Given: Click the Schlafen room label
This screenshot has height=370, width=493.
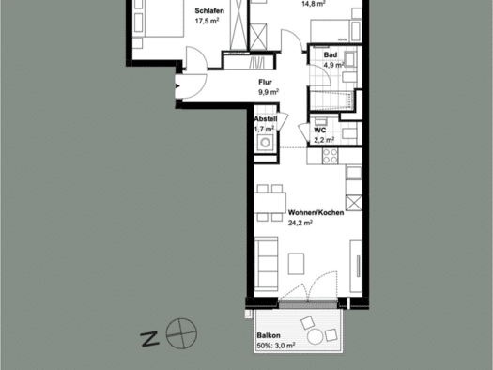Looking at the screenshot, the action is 209,11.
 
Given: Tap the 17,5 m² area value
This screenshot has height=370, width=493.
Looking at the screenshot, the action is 207,21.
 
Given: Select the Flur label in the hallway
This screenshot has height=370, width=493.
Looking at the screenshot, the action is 265,82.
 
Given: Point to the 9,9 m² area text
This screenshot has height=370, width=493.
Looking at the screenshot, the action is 269,92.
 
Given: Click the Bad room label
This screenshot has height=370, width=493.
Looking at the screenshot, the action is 331,54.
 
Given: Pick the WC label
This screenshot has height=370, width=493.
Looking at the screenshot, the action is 320,131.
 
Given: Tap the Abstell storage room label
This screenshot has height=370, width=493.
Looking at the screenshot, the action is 266,119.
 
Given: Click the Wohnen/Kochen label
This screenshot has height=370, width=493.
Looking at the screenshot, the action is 316,213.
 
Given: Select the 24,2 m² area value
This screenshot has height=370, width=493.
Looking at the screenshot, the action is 300,223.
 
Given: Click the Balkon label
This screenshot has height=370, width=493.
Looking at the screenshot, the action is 269,335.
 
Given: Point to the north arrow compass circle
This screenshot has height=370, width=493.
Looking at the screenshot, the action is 181,333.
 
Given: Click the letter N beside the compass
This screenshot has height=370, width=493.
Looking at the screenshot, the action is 149,339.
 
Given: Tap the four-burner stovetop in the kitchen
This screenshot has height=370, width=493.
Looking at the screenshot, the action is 331,156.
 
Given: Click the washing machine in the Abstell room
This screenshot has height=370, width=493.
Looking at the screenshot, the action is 266,143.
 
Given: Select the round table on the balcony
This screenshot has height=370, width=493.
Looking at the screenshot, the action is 315,337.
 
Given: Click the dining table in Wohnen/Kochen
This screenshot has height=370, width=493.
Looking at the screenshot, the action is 270,203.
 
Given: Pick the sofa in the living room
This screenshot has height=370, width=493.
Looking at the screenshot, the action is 266,264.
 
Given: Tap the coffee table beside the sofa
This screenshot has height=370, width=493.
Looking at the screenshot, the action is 296,264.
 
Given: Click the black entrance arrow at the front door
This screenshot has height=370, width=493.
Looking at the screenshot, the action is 177,85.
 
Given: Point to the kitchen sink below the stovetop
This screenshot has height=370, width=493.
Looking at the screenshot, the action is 354,173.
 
